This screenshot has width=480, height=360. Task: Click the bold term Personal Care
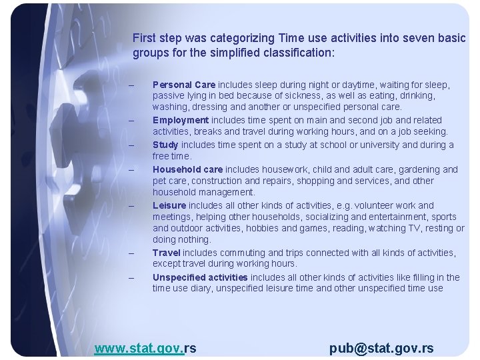183,85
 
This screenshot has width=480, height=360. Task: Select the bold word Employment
181,120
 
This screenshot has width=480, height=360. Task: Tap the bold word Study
165,145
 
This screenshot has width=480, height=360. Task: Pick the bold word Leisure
169,205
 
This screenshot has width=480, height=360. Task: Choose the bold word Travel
167,253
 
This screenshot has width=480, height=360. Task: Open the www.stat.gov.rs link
145,347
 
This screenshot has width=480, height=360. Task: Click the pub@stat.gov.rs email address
381,347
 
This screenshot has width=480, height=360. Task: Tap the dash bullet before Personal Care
131,85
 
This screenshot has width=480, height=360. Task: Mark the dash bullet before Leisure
131,206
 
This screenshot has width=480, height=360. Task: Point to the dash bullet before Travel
131,253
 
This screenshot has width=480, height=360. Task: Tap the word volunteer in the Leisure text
369,205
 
